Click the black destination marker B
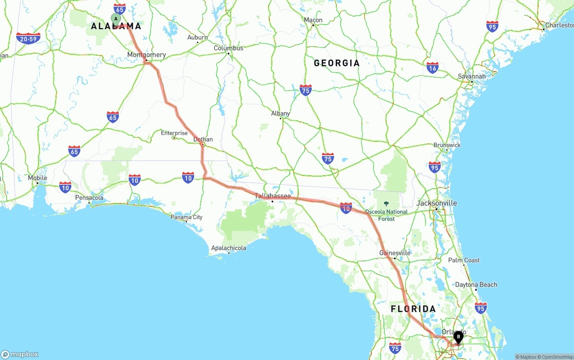tap(458, 337)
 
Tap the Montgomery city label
tap(147, 55)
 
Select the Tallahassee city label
tap(273, 196)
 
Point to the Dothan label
tap(203, 139)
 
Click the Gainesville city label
tap(395, 253)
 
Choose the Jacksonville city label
tap(436, 203)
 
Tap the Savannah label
tap(471, 76)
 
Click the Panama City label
tap(187, 217)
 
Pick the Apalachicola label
tap(229, 248)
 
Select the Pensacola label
tap(89, 198)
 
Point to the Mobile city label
tap(38, 178)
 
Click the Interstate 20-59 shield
tap(28, 39)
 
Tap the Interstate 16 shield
tap(432, 68)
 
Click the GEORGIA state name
tap(336, 63)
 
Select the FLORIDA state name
tap(413, 309)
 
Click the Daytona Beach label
tap(476, 285)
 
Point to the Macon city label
tap(313, 20)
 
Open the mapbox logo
tap(20, 354)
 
